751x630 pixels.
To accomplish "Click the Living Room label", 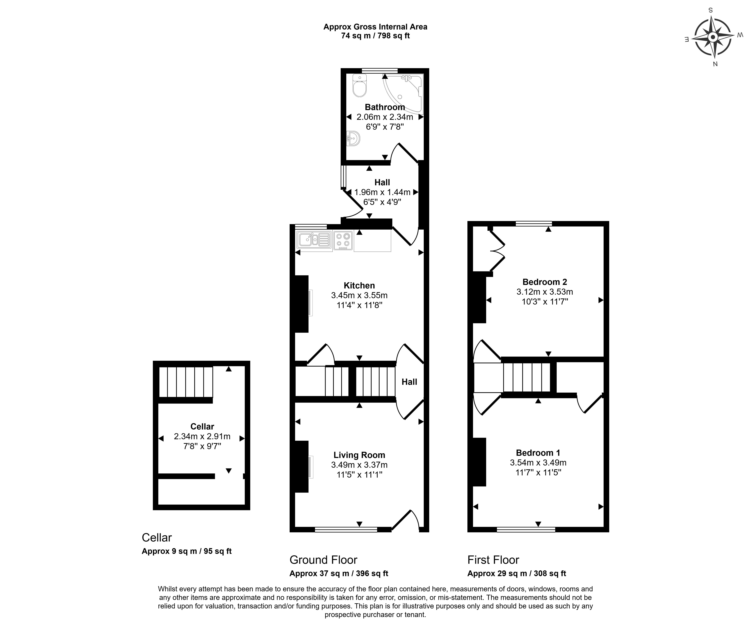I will (x=359, y=455).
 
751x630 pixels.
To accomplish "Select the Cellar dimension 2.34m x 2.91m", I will (x=202, y=436).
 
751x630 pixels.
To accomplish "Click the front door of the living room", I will (x=406, y=521).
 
